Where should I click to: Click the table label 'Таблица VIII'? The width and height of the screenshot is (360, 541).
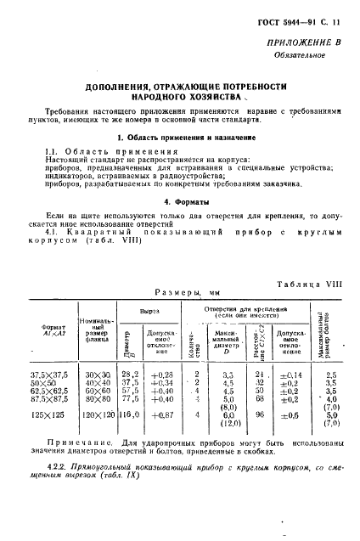coord(309,284)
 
